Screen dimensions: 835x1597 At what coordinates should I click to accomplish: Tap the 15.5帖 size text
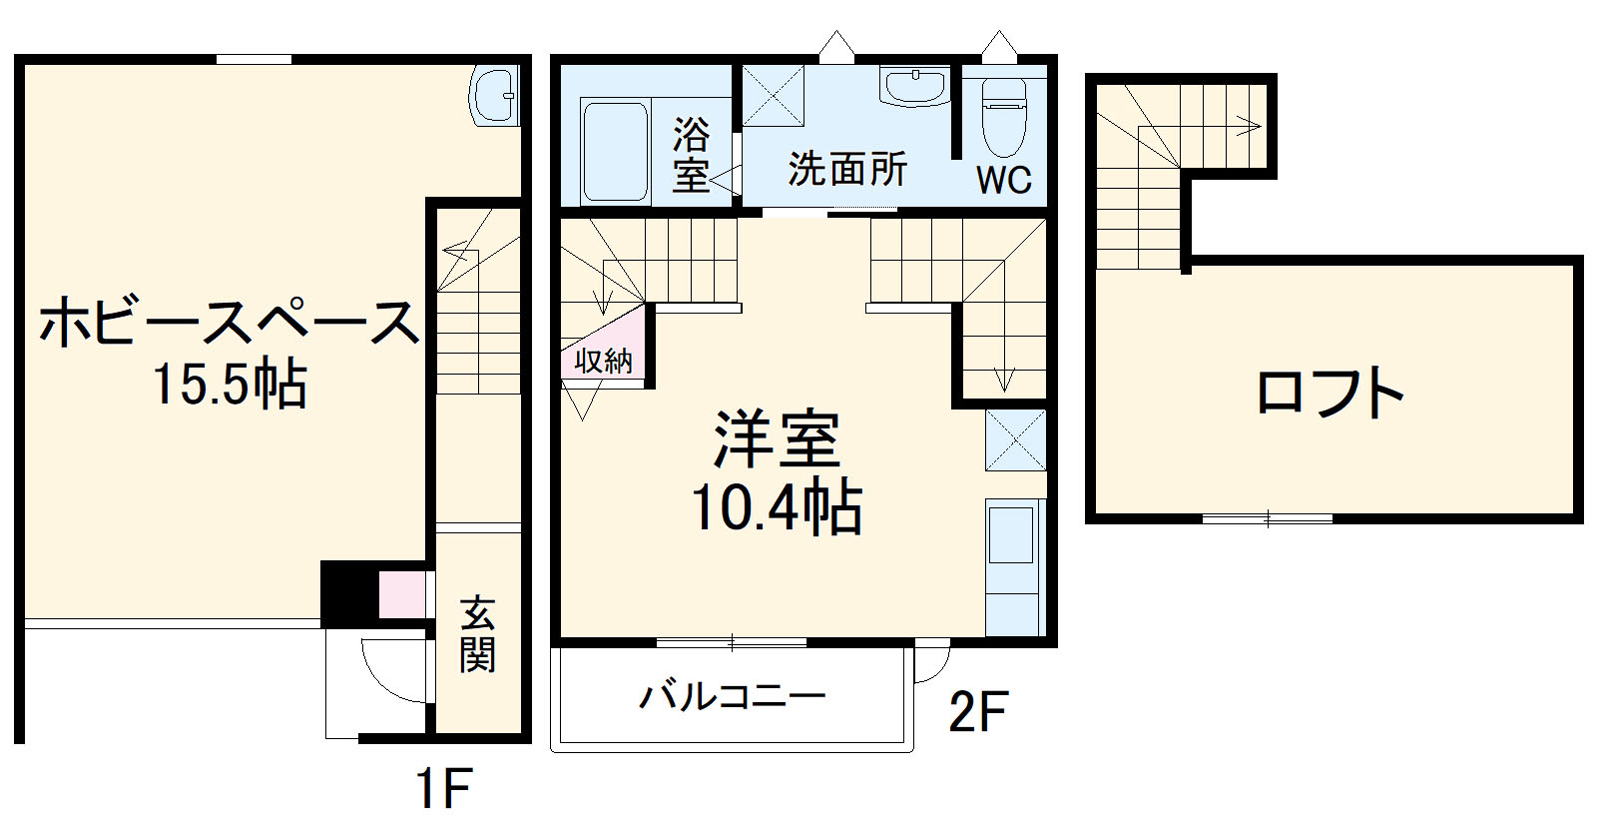(230, 385)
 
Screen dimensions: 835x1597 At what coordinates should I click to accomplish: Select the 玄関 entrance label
(478, 634)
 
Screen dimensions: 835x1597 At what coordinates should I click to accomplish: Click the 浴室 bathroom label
(691, 154)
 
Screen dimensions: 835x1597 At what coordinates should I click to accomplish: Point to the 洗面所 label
(847, 169)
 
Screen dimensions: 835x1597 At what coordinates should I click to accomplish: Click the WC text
(1003, 180)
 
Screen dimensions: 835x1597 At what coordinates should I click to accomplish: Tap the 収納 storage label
(604, 361)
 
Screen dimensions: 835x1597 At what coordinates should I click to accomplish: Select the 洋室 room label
(778, 439)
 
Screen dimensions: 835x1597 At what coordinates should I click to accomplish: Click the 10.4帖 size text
(777, 506)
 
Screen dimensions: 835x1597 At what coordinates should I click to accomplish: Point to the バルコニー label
(733, 696)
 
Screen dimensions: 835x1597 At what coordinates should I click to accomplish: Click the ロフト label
(1331, 392)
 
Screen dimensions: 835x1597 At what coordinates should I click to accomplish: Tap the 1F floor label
(443, 789)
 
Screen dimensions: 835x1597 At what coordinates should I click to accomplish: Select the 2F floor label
(977, 711)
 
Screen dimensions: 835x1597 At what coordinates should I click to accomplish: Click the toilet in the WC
(1004, 116)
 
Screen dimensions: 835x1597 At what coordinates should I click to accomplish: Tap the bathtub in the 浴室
(614, 152)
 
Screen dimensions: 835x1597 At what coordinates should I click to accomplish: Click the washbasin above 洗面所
(914, 87)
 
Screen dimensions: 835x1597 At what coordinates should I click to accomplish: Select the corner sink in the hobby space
(494, 95)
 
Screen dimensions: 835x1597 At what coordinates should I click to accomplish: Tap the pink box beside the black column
(402, 594)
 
